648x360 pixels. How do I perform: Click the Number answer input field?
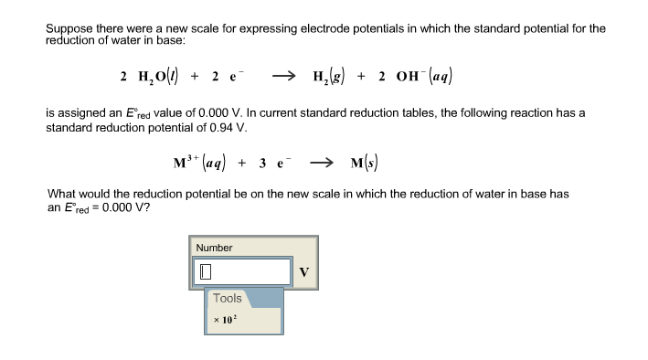point(242,271)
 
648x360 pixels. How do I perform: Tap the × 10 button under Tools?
point(223,320)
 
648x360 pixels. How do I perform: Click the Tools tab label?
point(228,298)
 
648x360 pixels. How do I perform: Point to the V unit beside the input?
point(304,271)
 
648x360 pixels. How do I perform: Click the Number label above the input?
point(215,248)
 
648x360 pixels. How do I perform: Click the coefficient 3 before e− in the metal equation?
point(262,164)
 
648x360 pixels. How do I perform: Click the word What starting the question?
point(61,194)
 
